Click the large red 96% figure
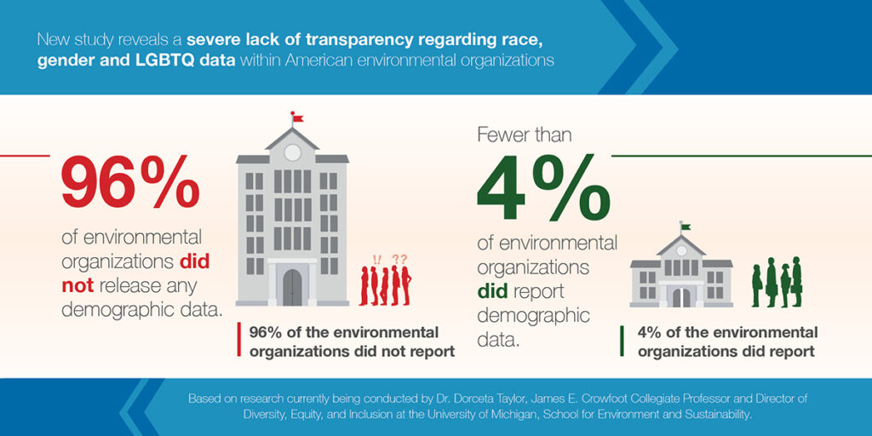130,181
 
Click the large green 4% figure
543,187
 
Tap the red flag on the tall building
297,118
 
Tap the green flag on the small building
686,227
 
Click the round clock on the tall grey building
293,152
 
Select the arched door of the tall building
292,287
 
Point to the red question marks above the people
399,259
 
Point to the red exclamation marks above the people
377,259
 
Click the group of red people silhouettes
385,284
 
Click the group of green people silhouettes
777,282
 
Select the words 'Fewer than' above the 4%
524,135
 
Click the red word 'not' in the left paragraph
75,284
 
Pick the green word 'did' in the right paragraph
491,291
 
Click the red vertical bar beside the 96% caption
239,339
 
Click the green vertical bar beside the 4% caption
622,342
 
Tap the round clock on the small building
681,251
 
